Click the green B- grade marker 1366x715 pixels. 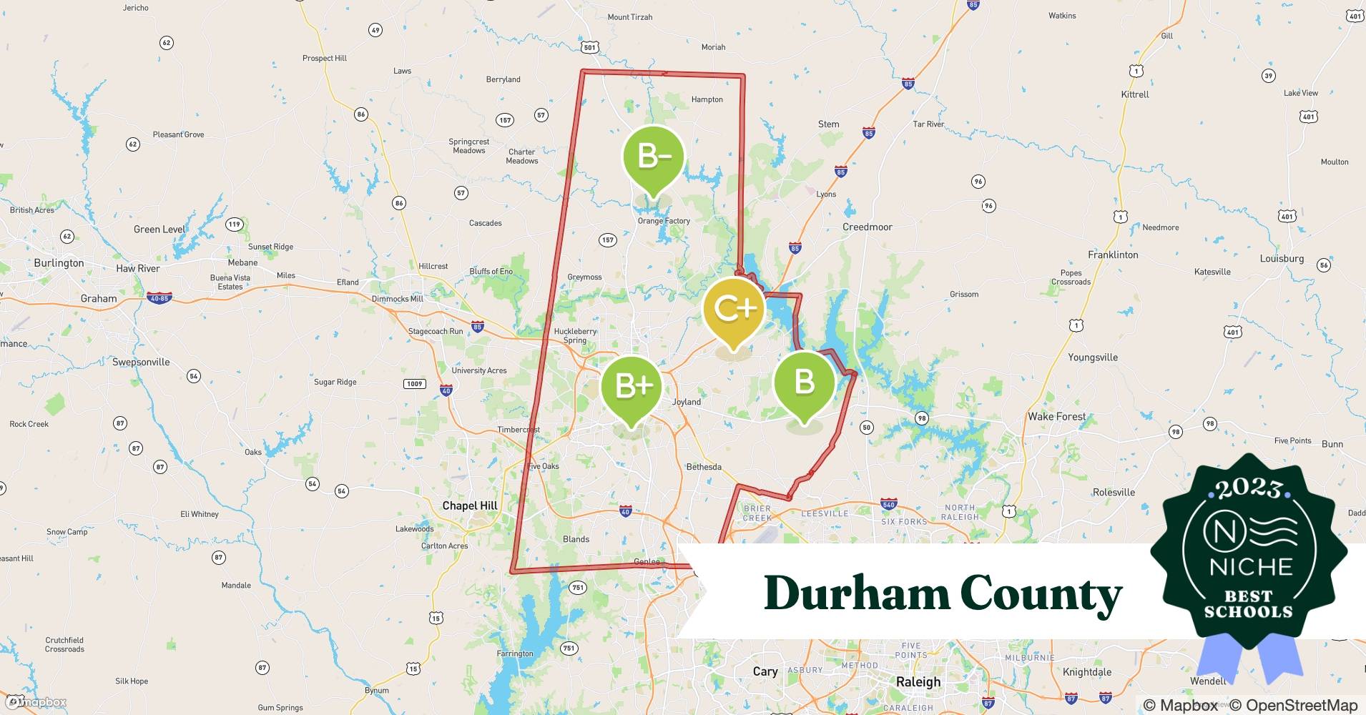(x=653, y=157)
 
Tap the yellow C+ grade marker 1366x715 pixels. (x=734, y=309)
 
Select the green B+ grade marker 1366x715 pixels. (x=632, y=386)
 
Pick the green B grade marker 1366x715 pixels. (x=805, y=382)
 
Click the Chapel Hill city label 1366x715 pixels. (x=469, y=506)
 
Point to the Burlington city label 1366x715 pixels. (x=59, y=263)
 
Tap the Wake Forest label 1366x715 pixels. (x=1056, y=416)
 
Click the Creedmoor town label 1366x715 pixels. (x=867, y=227)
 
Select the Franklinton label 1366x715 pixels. (x=1112, y=255)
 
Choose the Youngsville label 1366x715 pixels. (x=1092, y=357)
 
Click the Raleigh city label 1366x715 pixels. (x=918, y=681)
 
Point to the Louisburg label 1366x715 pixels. (x=1282, y=259)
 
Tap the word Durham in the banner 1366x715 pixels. (x=855, y=593)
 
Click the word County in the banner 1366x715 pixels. (x=1041, y=593)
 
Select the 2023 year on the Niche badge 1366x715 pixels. (x=1249, y=488)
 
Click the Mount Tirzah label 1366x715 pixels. (x=629, y=17)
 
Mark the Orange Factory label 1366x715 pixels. (x=664, y=221)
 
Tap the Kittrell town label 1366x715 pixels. (x=1135, y=94)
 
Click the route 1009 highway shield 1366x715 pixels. (x=415, y=384)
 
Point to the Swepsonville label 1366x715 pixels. (x=141, y=362)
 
